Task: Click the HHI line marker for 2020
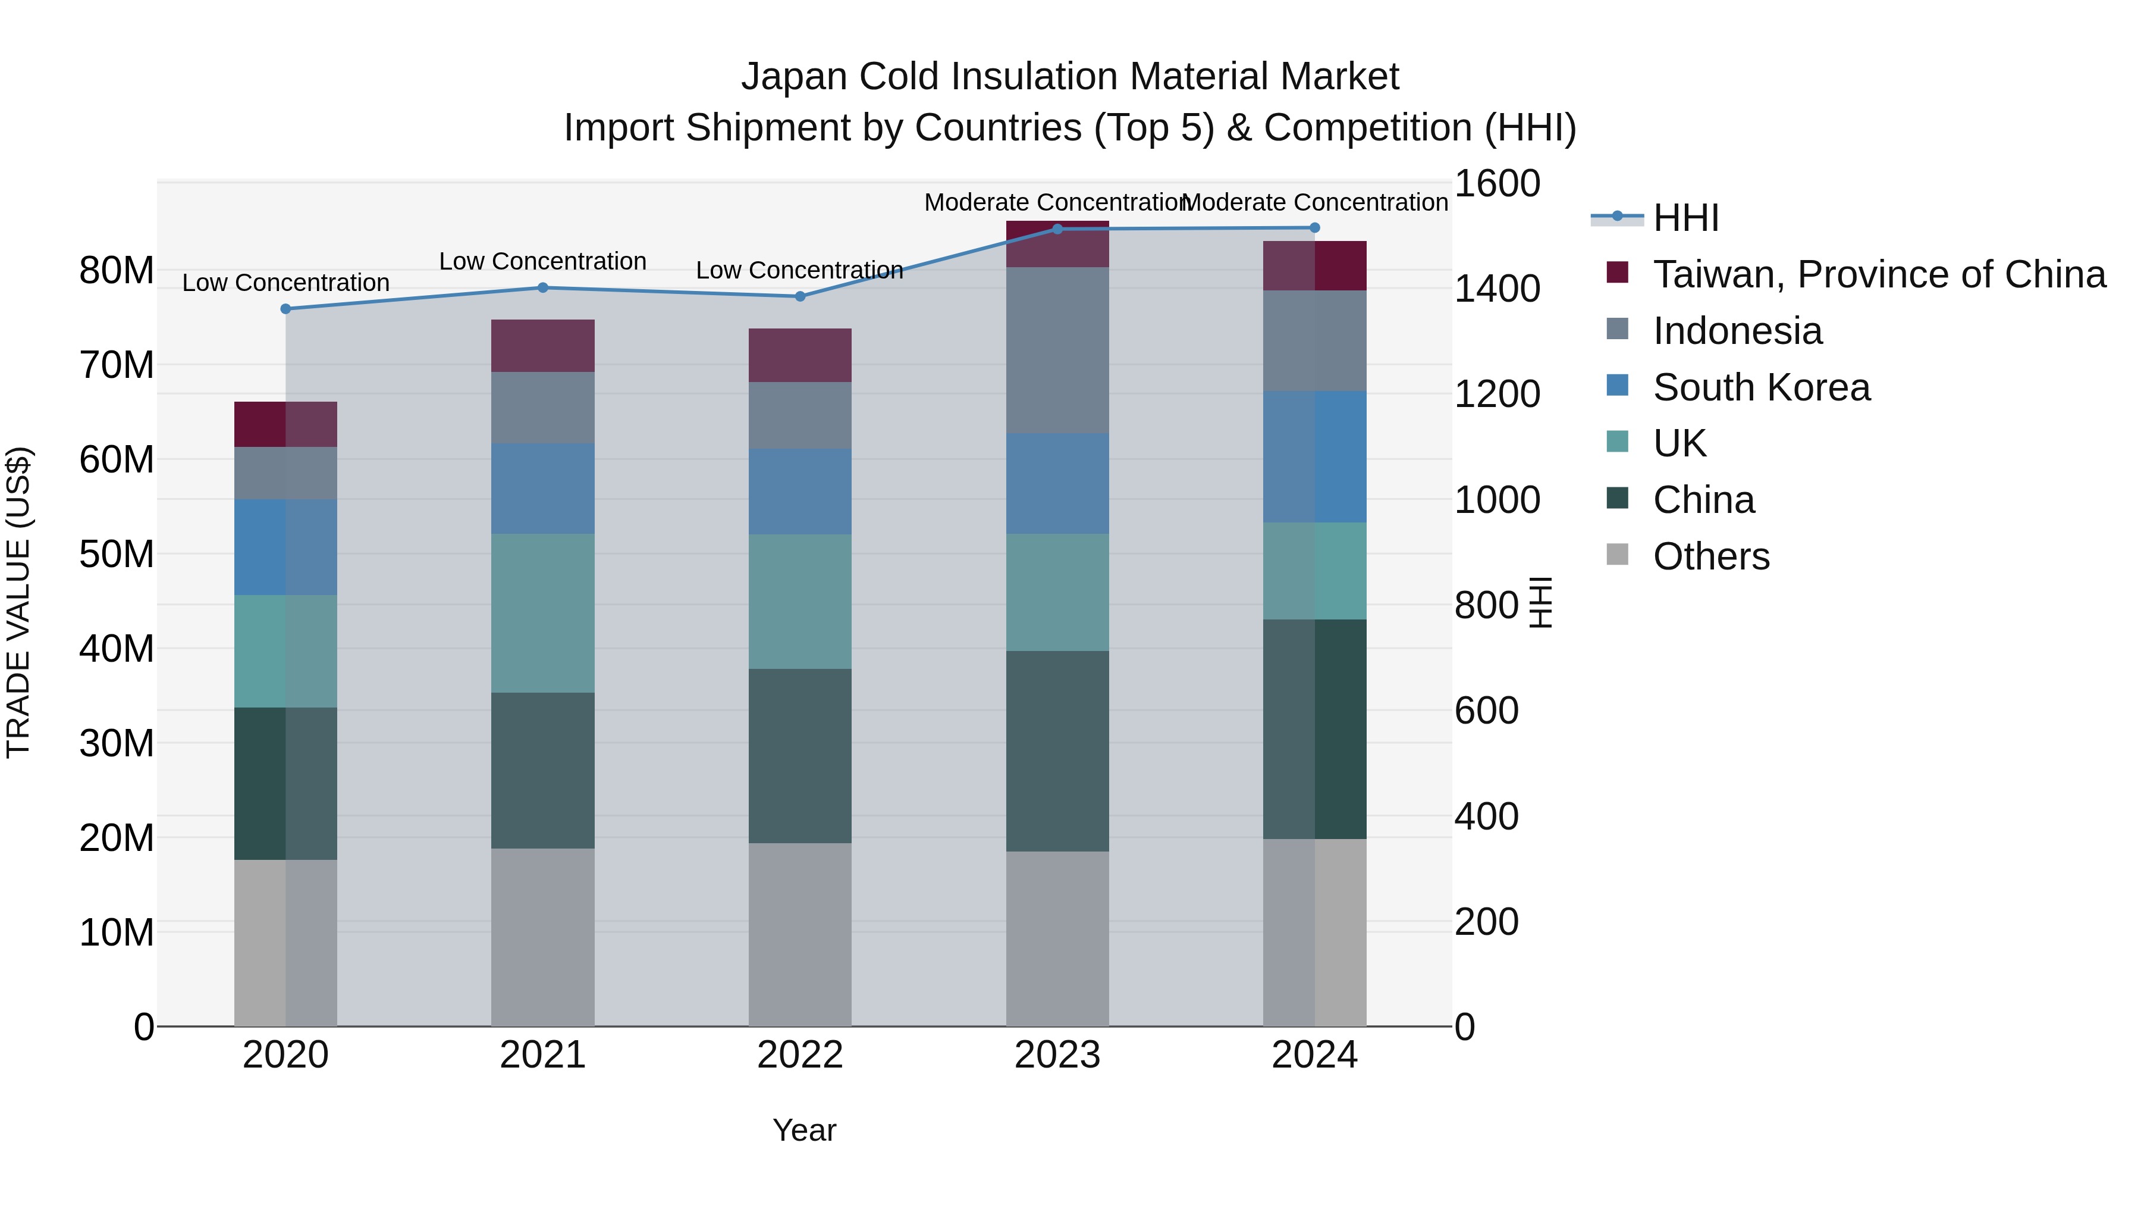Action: (286, 308)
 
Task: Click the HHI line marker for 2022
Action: (800, 296)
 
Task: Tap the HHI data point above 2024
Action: (1315, 228)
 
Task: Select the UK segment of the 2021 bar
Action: (543, 613)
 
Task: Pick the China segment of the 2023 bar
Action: (1057, 750)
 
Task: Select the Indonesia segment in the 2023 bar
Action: (1057, 349)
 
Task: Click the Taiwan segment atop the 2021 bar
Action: (543, 345)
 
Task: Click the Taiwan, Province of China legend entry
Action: (1878, 274)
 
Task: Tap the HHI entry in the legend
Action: (1685, 218)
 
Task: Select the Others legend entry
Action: (1710, 556)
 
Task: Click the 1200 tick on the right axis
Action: (1497, 394)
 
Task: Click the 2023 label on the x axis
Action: (1057, 1055)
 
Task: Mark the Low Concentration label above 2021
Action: (543, 261)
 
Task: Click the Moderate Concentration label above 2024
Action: (1315, 202)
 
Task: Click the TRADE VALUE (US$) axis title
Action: (18, 602)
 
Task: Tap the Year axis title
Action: (803, 1130)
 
